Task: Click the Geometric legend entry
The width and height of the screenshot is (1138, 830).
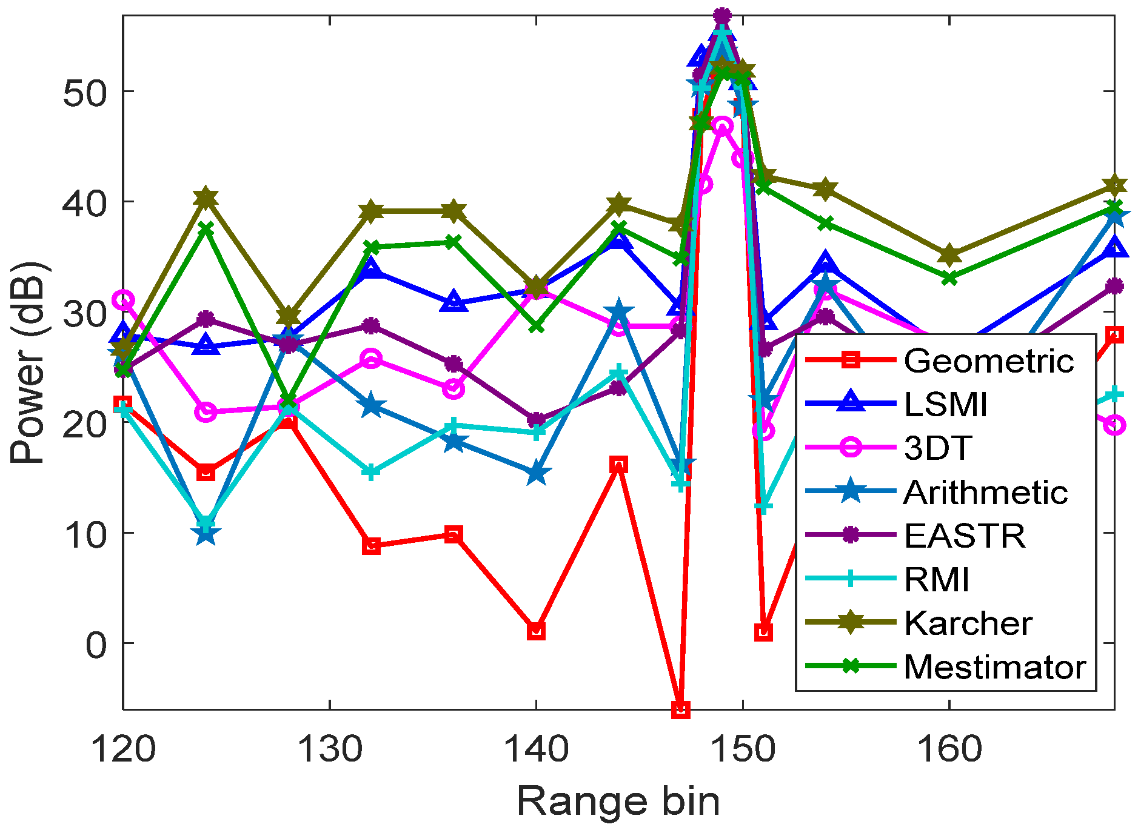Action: (x=988, y=361)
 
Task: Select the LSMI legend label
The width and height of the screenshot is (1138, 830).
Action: (x=945, y=405)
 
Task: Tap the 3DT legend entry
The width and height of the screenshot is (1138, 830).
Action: (x=938, y=448)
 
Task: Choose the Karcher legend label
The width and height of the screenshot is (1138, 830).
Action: (x=968, y=623)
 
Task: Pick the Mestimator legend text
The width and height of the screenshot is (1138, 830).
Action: (x=994, y=667)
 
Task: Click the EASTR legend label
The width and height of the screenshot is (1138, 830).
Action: (x=964, y=536)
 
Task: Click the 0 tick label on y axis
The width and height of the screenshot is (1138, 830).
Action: (x=96, y=644)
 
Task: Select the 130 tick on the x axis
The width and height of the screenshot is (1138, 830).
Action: (x=330, y=749)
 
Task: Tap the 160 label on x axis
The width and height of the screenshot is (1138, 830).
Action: (x=949, y=749)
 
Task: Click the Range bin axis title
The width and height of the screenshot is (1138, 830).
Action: (x=618, y=802)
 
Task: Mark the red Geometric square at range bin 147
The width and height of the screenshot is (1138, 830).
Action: (x=681, y=709)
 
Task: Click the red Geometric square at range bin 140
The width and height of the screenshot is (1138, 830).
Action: (x=536, y=631)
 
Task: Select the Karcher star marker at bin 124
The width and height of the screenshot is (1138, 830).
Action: (x=206, y=198)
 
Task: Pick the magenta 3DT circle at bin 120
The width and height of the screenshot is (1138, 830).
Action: (x=124, y=300)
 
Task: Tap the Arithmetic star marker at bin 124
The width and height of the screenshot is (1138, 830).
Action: (x=206, y=534)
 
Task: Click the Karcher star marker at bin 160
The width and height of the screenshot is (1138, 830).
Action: (x=949, y=256)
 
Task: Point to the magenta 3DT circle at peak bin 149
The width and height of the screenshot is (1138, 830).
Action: (x=722, y=126)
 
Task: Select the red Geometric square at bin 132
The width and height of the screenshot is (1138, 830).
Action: (x=371, y=545)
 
